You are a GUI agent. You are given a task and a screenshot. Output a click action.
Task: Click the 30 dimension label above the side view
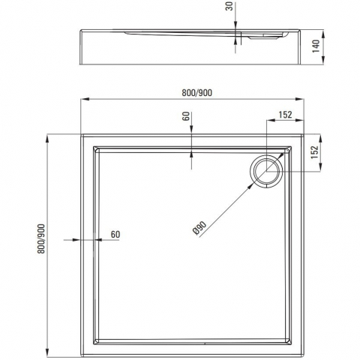[229, 6]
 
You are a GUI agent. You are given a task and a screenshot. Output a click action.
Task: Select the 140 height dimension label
[316, 46]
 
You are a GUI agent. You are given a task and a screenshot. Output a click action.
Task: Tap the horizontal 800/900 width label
[196, 93]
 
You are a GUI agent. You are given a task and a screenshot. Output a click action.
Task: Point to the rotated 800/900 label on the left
[41, 239]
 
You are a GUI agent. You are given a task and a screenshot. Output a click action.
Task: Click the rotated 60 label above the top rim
[186, 116]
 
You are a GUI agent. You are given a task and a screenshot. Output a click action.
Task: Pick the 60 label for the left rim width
[115, 235]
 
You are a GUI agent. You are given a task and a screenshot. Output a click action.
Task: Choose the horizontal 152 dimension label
[285, 115]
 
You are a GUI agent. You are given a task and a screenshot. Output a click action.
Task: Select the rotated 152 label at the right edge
[315, 151]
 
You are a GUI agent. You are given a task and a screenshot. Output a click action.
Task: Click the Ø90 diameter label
[200, 228]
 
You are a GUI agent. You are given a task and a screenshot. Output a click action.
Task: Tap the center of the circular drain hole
[266, 172]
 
